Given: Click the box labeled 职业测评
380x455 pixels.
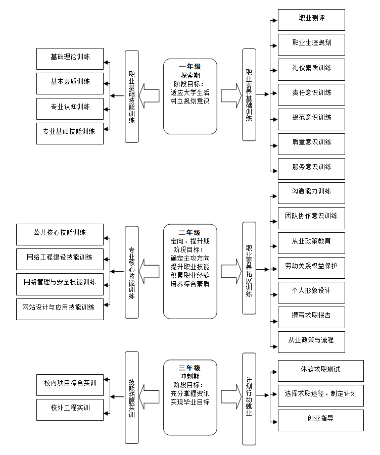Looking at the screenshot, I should click(x=311, y=19).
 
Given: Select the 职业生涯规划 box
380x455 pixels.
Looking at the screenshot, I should click(x=311, y=44).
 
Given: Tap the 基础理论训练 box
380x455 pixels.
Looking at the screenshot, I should click(x=70, y=59).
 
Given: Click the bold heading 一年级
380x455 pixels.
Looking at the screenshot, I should click(x=190, y=66).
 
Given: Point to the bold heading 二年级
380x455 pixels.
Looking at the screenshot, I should click(x=190, y=232).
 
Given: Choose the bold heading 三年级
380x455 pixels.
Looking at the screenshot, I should click(x=190, y=368).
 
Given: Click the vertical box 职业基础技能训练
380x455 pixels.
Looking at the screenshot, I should click(x=131, y=96).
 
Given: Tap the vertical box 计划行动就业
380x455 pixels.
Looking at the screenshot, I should click(x=249, y=398).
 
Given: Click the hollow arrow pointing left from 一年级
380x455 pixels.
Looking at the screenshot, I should click(x=150, y=96).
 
